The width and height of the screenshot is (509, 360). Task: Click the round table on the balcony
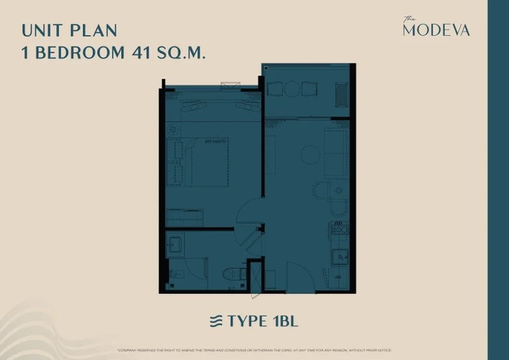(291, 89)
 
